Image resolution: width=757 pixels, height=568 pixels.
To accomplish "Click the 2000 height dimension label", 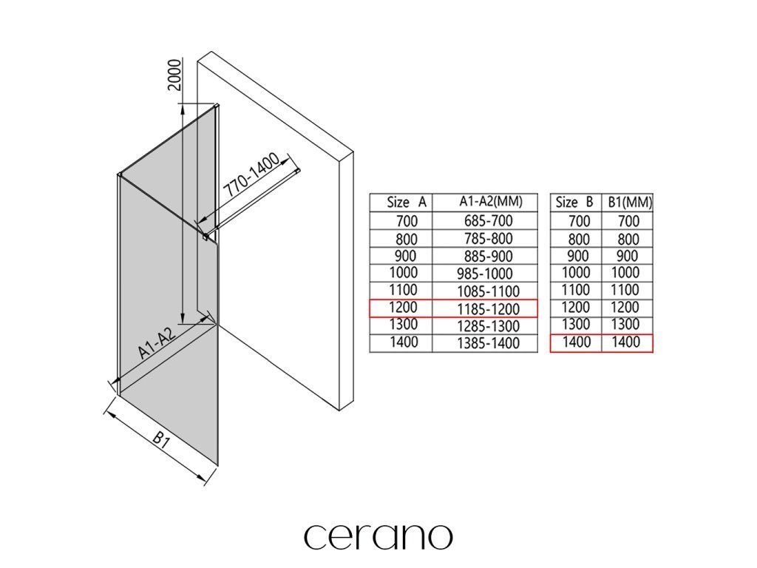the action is (174, 75).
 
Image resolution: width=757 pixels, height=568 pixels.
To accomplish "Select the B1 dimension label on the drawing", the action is (160, 439).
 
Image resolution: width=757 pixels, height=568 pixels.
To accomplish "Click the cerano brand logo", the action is (378, 535).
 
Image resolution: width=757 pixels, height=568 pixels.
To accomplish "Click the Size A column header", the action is (407, 202).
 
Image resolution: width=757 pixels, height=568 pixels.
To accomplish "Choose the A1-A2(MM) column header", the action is (491, 201).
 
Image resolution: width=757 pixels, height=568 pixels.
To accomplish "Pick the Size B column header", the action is (574, 202).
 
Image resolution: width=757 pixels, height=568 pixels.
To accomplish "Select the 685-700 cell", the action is (488, 220).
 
